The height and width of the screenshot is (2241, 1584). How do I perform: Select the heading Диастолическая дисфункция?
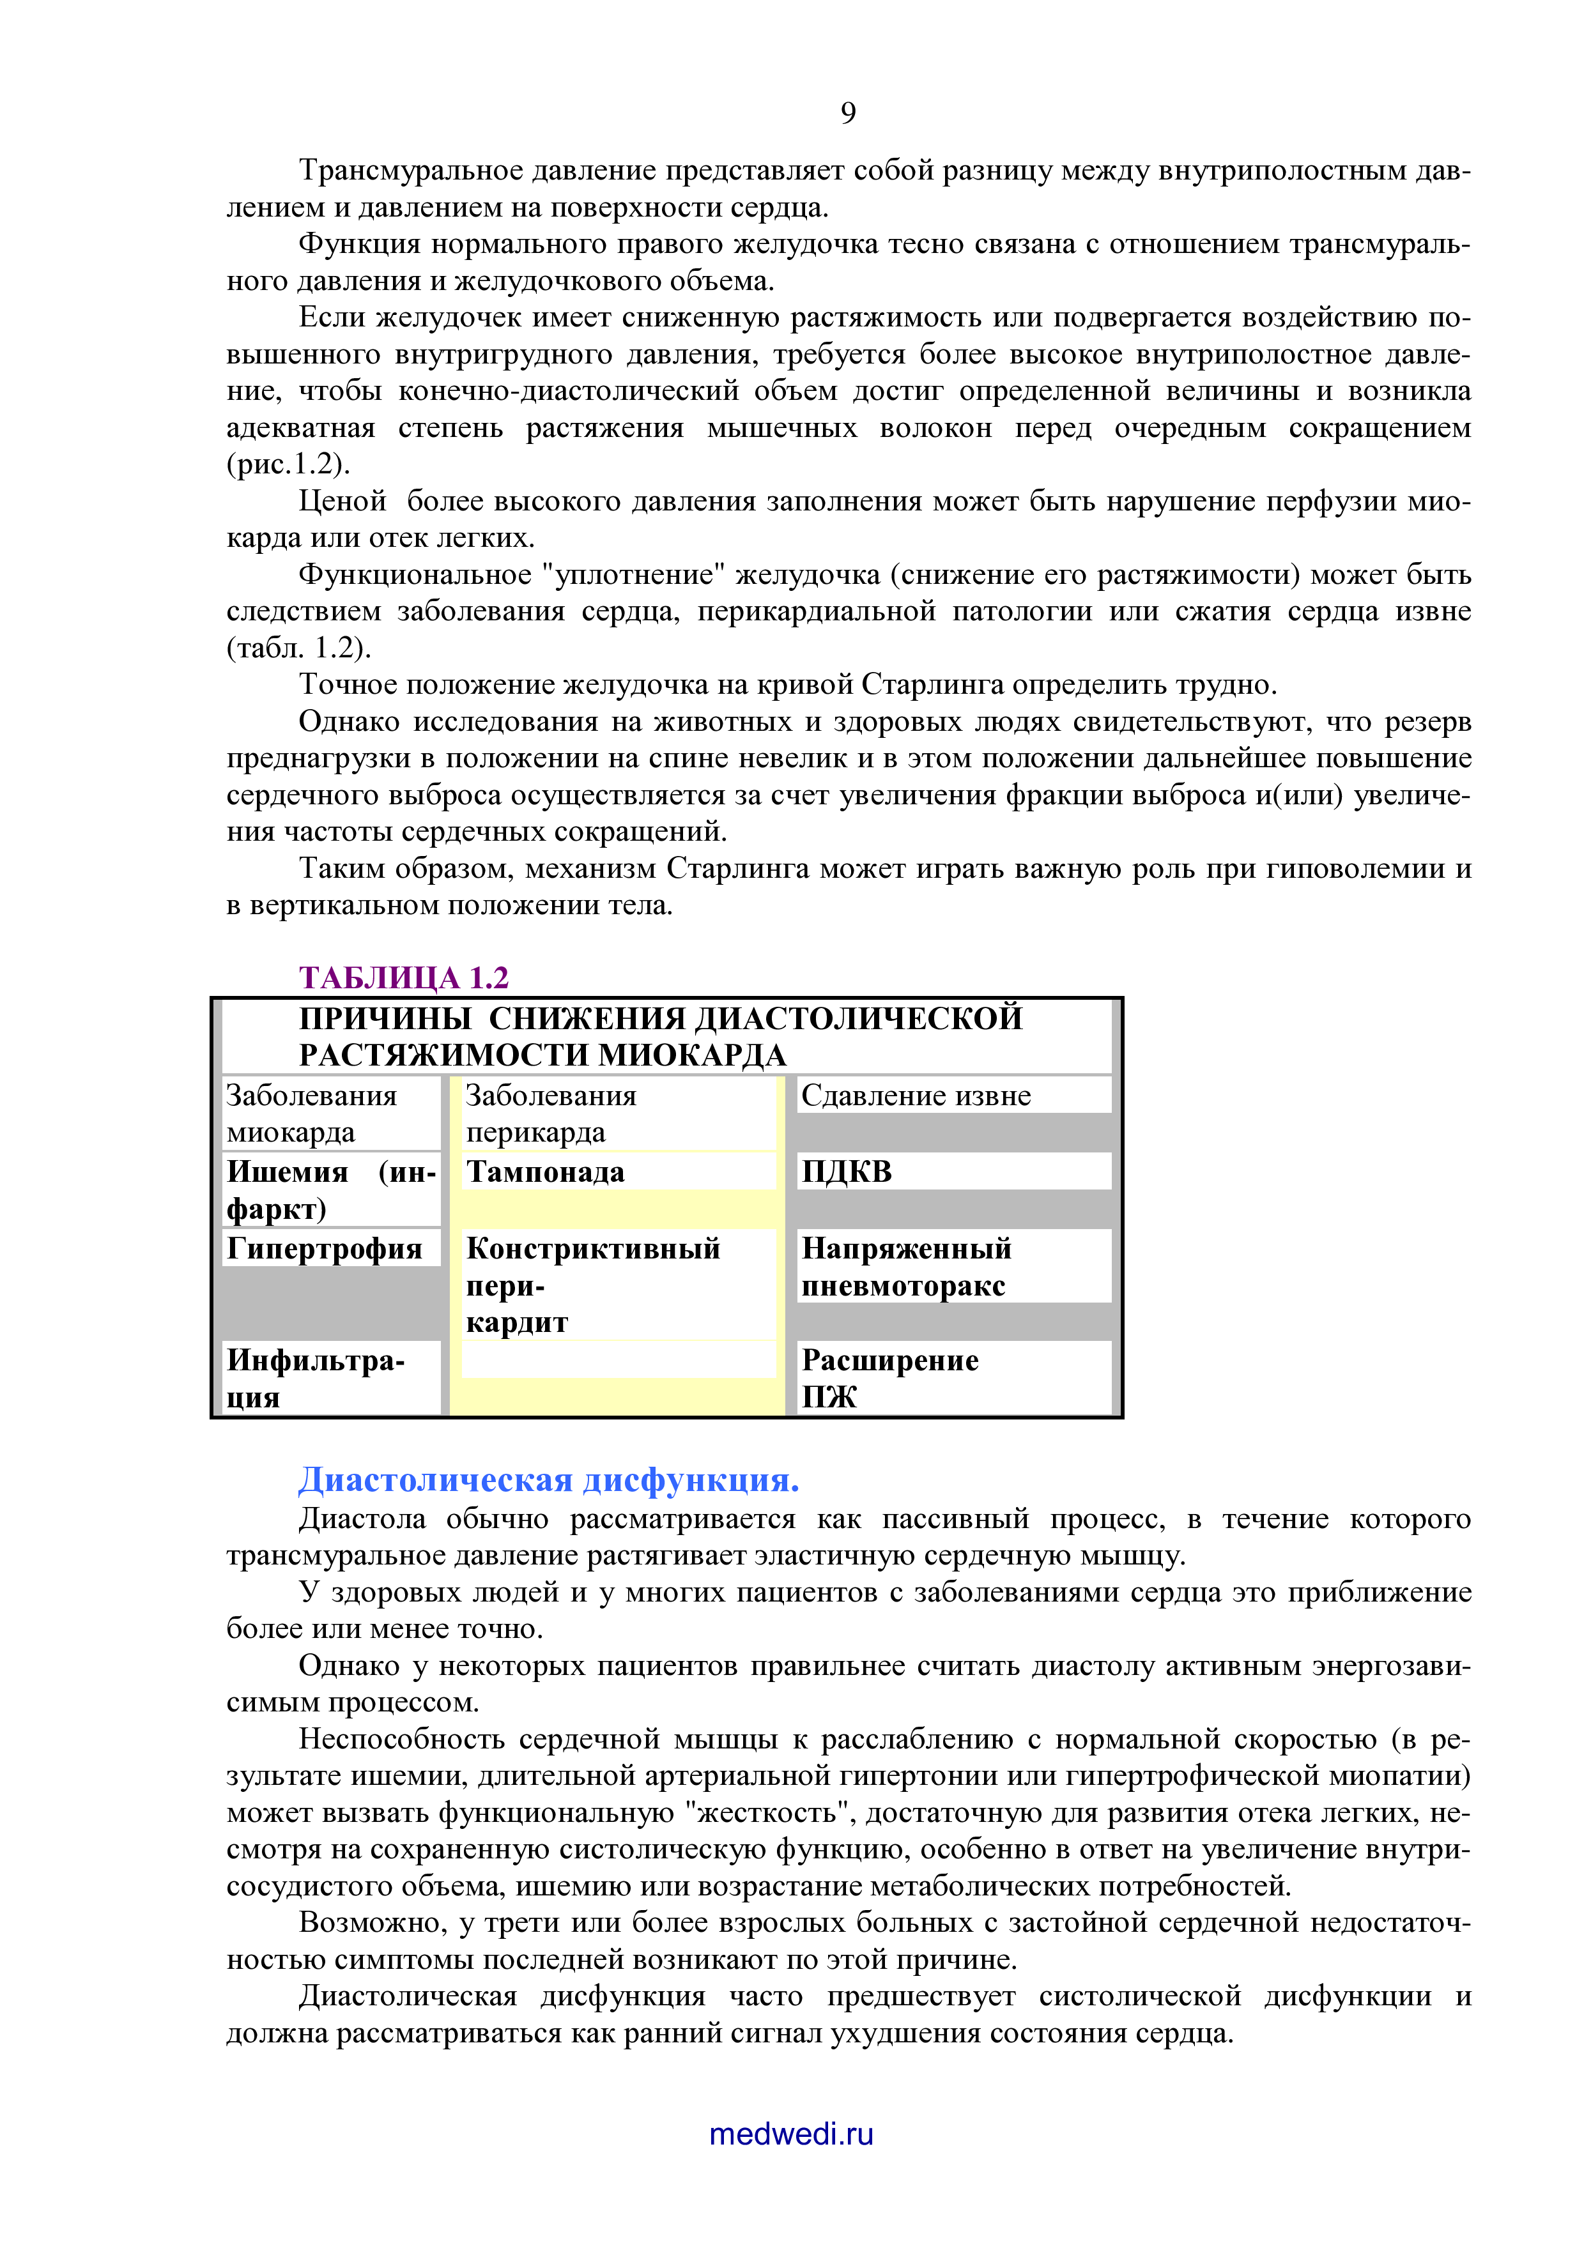pyautogui.click(x=548, y=1480)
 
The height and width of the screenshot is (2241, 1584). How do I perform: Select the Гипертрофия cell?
pyautogui.click(x=324, y=1248)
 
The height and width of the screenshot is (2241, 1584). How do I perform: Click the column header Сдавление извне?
pyautogui.click(x=916, y=1095)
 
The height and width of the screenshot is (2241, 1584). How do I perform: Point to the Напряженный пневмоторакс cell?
pyautogui.click(x=905, y=1266)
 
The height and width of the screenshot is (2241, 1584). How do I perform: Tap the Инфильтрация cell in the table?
pyautogui.click(x=315, y=1378)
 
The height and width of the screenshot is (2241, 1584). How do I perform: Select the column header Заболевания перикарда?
pyautogui.click(x=550, y=1113)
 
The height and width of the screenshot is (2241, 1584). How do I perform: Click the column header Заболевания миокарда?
pyautogui.click(x=311, y=1113)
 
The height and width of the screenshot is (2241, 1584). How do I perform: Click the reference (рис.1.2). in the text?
pyautogui.click(x=288, y=464)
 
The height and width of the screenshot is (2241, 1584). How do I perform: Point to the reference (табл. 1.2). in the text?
pyautogui.click(x=298, y=648)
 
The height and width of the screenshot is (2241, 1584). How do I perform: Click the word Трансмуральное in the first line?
pyautogui.click(x=410, y=170)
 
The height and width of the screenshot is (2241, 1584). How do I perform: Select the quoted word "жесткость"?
pyautogui.click(x=768, y=1812)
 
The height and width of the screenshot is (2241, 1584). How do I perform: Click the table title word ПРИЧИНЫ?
pyautogui.click(x=385, y=1018)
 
